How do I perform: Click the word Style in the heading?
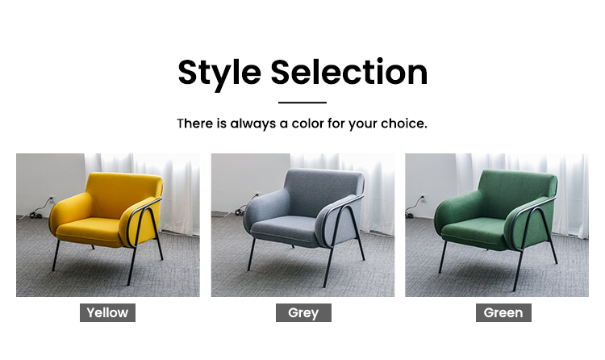(x=219, y=73)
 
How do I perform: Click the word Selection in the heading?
(x=349, y=72)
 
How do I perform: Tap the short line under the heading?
(x=302, y=103)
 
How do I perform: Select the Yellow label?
(x=107, y=312)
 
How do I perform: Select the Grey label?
(x=303, y=312)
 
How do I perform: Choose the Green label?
(x=503, y=312)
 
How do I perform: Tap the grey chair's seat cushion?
(x=285, y=229)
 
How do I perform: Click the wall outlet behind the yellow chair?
(x=51, y=199)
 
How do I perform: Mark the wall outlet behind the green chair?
(x=423, y=198)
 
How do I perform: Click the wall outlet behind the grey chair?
(x=256, y=195)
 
